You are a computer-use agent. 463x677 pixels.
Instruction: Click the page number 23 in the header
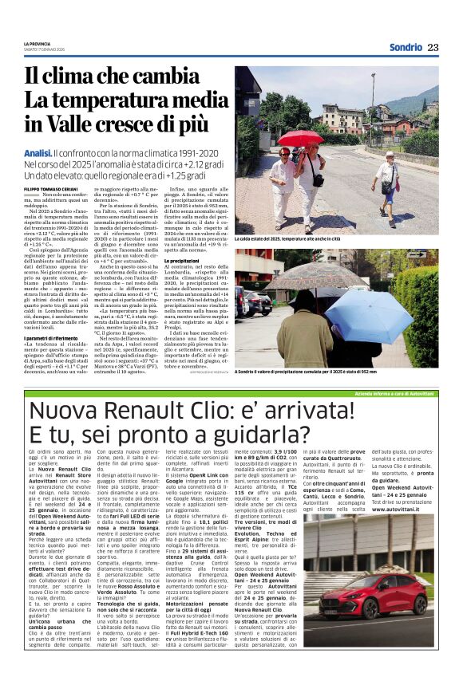(433, 47)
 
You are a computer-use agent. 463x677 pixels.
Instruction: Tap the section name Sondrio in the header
(406, 47)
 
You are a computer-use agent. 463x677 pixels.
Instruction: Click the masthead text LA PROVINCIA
(37, 44)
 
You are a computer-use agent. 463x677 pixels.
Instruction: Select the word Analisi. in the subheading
(38, 152)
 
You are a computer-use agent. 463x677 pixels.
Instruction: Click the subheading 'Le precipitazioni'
(182, 261)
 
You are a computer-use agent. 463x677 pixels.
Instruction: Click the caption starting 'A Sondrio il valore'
(306, 372)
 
